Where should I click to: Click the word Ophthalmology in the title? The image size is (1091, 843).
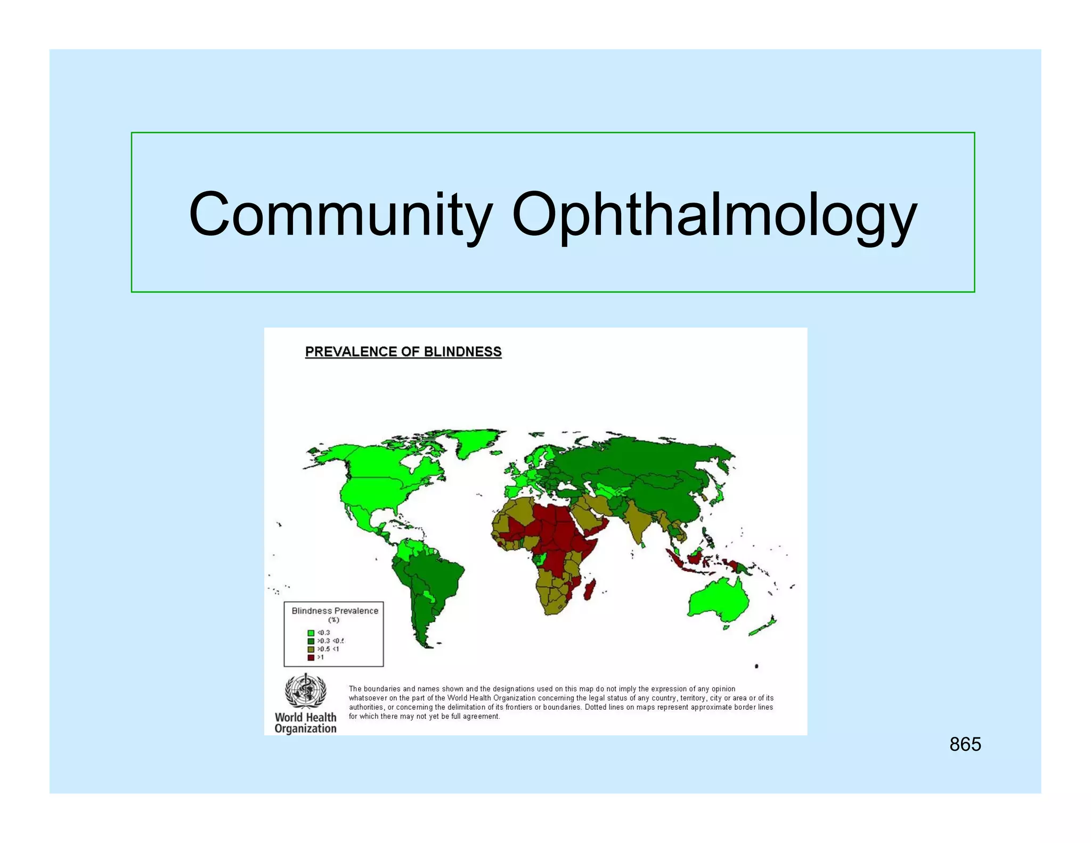tap(714, 214)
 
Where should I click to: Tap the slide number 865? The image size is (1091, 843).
tap(965, 744)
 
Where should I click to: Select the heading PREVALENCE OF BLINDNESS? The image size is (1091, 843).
tap(403, 352)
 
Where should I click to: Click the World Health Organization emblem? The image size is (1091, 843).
tap(305, 691)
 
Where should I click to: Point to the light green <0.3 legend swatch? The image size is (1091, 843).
tap(311, 633)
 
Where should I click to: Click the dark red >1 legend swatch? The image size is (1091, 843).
tap(311, 658)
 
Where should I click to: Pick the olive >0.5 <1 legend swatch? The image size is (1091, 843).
tap(311, 650)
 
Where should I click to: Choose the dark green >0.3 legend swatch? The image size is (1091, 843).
tap(311, 641)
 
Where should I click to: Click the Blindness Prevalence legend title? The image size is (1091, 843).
tap(335, 611)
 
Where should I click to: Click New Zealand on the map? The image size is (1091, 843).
tap(764, 626)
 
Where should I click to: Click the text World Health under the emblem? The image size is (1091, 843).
tap(305, 717)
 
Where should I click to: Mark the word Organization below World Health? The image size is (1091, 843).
tap(305, 728)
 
